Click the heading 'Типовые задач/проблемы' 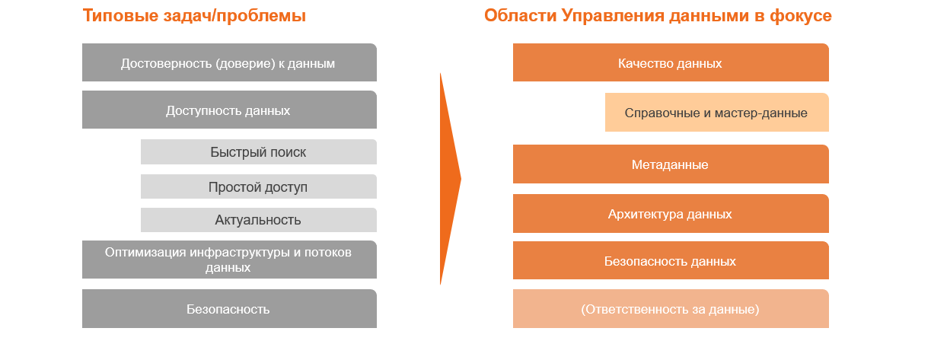coord(194,16)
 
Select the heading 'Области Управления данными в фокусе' coord(658,16)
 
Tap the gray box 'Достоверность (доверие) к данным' coord(229,62)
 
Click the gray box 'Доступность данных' coord(229,110)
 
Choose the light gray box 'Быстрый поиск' coord(259,151)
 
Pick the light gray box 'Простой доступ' coord(259,186)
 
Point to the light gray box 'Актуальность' coord(259,220)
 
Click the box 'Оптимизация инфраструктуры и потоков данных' coord(229,260)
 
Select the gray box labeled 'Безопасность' coord(229,308)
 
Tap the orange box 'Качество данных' coord(671,62)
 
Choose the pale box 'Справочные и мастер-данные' coord(717,112)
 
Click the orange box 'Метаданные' coord(671,164)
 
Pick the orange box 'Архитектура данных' coord(671,213)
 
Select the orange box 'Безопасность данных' coord(671,260)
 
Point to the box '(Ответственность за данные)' coord(671,308)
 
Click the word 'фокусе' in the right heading coord(801,16)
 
